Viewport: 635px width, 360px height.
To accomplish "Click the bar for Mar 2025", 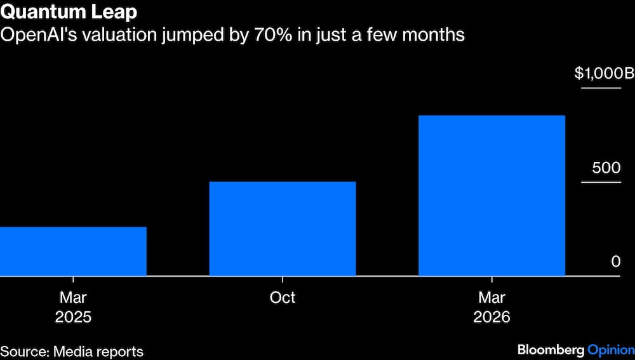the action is [x=73, y=251].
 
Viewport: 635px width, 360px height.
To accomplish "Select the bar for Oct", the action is [x=283, y=229].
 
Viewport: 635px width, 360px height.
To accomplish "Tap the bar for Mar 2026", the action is [x=491, y=196].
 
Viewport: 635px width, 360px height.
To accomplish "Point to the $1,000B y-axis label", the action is [x=604, y=73].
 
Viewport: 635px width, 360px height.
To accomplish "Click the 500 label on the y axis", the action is [x=606, y=168].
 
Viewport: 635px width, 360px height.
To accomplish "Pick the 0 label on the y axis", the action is [x=615, y=262].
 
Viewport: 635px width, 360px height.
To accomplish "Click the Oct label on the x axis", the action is [x=283, y=298].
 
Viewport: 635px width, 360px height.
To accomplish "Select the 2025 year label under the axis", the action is [x=73, y=317].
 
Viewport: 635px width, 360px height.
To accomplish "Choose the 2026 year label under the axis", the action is [x=491, y=317].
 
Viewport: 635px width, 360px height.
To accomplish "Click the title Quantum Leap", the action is [x=69, y=13].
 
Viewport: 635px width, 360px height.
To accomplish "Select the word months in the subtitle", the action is [x=433, y=35].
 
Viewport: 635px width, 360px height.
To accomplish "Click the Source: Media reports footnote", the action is [x=72, y=352].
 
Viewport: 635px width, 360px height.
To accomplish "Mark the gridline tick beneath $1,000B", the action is [x=601, y=88].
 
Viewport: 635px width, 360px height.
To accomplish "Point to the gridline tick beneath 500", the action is [x=601, y=182].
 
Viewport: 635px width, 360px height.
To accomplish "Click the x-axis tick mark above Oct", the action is [x=283, y=279].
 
